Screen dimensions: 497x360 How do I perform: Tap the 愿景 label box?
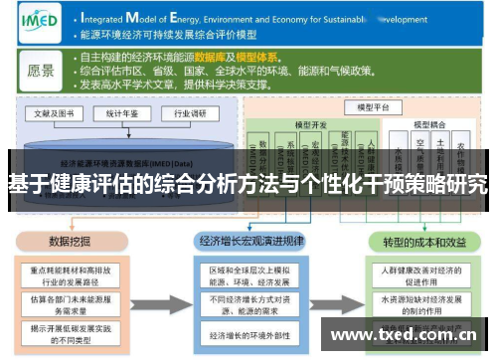click(41, 71)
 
